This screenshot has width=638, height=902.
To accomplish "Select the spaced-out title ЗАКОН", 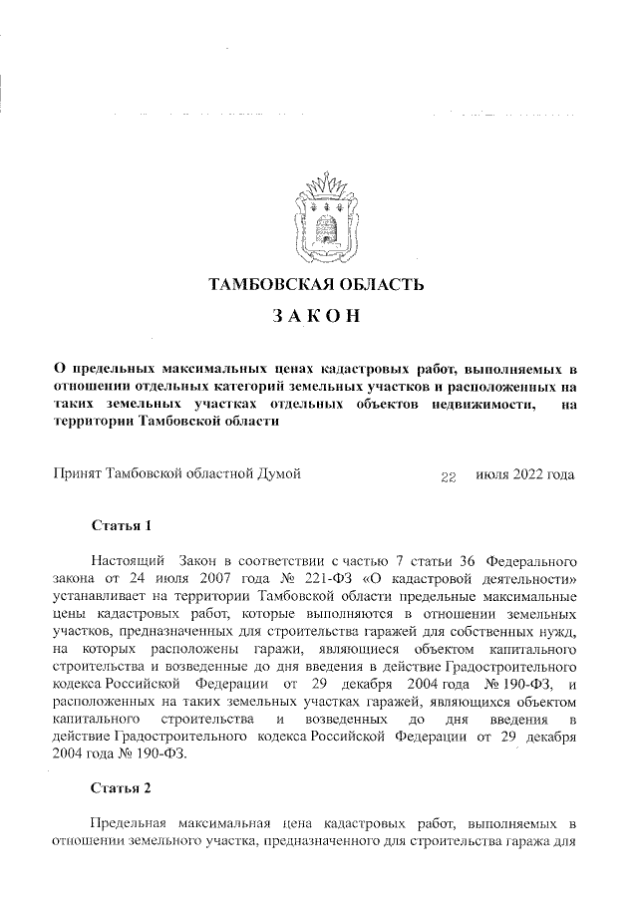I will click(x=318, y=319).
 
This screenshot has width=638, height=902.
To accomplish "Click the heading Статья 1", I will click(x=120, y=523).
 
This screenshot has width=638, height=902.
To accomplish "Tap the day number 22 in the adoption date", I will click(x=448, y=476).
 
